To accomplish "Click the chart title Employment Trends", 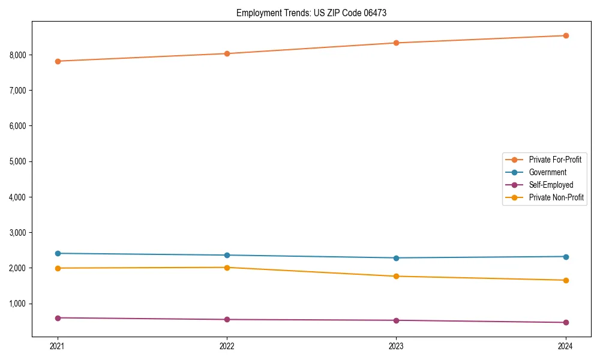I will [x=311, y=13].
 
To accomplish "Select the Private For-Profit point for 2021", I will [x=58, y=61].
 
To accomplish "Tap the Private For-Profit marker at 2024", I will [x=565, y=35].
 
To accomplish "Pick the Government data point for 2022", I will [x=227, y=255].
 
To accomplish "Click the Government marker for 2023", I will [x=396, y=258].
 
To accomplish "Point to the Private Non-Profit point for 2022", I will [x=227, y=268].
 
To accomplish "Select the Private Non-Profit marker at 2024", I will [x=565, y=280].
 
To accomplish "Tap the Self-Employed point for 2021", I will [x=58, y=318].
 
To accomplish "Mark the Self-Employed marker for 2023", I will [x=396, y=320].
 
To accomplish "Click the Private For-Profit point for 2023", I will [x=396, y=43].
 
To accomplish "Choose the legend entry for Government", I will [x=547, y=172].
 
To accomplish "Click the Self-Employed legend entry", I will [x=551, y=185].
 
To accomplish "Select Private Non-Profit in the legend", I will [x=556, y=197].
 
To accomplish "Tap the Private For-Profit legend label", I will [x=555, y=160].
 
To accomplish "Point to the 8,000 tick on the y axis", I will [x=17, y=55].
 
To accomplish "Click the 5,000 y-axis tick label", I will [x=17, y=162].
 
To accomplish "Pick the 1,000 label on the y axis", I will [x=17, y=304].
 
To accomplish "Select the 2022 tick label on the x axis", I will [x=227, y=346].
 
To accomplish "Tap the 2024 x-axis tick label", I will [x=565, y=346].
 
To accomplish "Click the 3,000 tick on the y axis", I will [x=17, y=233].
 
